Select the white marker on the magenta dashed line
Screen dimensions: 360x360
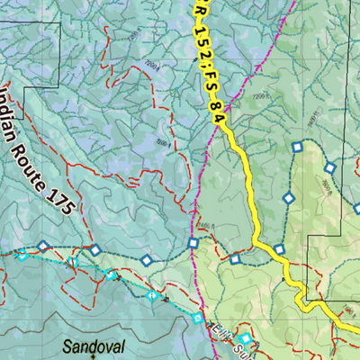(193, 243)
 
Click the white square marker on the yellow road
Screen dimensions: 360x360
(280, 249)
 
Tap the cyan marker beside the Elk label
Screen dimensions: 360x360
(244, 339)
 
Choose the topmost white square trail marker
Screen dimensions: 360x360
(296, 147)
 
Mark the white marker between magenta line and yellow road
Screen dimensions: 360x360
(235, 260)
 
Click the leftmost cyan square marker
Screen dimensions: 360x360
(22, 256)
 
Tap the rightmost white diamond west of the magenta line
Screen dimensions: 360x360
(146, 261)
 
